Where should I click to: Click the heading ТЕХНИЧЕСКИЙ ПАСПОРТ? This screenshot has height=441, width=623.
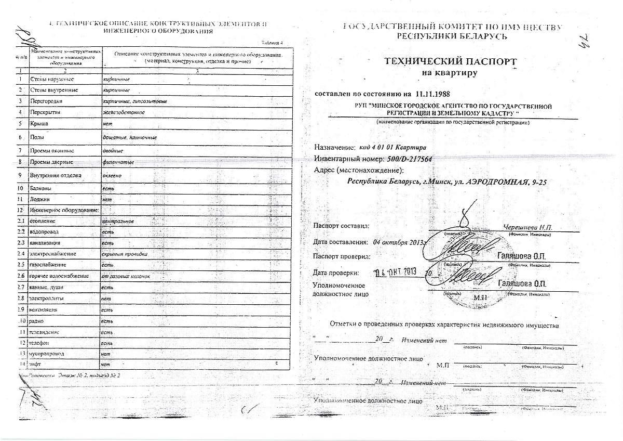click(450, 62)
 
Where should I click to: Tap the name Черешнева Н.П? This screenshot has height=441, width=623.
click(528, 227)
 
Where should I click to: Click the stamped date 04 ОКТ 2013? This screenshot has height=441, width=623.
click(396, 271)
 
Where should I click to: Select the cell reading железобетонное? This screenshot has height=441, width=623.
click(124, 112)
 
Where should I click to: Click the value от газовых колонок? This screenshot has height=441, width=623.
click(126, 276)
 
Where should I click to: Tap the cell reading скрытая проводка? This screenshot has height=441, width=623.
click(125, 254)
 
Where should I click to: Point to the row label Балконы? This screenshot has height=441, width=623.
click(43, 188)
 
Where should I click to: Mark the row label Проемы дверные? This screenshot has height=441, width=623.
click(52, 163)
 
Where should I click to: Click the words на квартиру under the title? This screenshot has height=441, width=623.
click(450, 73)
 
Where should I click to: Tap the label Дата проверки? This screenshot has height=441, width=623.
click(336, 273)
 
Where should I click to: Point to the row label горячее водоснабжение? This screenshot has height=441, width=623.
click(58, 276)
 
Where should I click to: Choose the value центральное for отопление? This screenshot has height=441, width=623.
click(118, 221)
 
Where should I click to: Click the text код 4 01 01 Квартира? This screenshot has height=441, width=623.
click(393, 148)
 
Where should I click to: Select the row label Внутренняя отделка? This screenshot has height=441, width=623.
click(56, 175)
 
